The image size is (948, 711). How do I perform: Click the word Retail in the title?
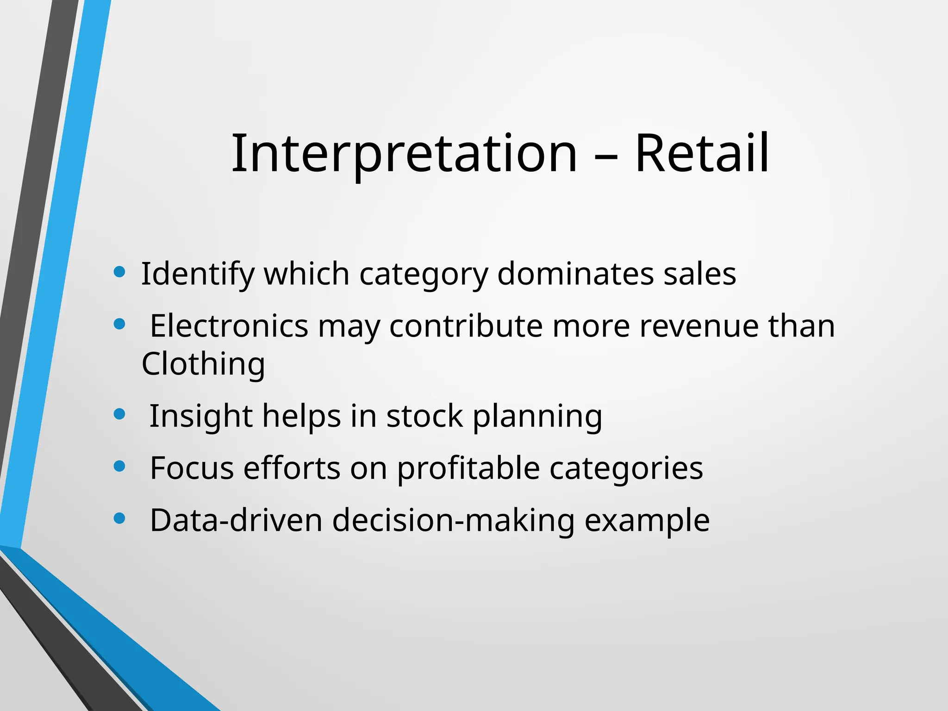(x=702, y=154)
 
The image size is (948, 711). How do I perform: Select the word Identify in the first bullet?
(x=198, y=274)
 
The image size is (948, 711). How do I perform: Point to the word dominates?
(x=575, y=274)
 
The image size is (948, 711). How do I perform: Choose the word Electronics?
(x=229, y=326)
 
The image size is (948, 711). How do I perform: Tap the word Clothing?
(x=203, y=364)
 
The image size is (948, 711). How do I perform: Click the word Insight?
(x=201, y=416)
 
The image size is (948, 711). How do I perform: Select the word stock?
(x=424, y=416)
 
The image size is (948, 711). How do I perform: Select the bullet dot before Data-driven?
(x=119, y=518)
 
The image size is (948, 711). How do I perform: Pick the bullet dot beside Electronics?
(x=119, y=324)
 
